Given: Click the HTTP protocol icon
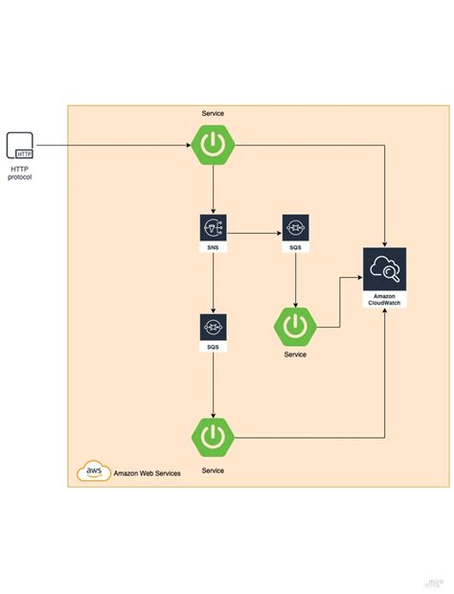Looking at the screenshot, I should coord(20,146).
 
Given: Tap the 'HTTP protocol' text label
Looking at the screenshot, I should coord(20,171).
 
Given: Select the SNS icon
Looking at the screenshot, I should coord(213,228).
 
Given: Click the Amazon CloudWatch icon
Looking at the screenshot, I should coord(384,271).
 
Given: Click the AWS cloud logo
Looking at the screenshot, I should coord(94,471).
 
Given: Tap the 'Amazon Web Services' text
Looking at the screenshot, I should coord(147,472).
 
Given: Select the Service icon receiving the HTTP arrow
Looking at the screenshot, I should coord(212,146).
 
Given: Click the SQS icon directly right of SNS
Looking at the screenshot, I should coord(295,228).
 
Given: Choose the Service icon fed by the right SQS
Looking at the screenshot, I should coord(295,326).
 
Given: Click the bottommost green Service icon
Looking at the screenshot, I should coord(212,437).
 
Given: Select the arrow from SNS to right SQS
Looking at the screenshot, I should coord(254,231).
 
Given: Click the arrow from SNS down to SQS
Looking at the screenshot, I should coord(213,283).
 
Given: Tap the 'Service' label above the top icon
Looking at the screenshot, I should coord(213,113).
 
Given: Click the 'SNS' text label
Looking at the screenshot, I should coord(213,247).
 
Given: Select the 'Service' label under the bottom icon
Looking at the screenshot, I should coord(213,470).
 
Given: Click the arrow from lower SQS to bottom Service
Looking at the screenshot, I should coord(213,383).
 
